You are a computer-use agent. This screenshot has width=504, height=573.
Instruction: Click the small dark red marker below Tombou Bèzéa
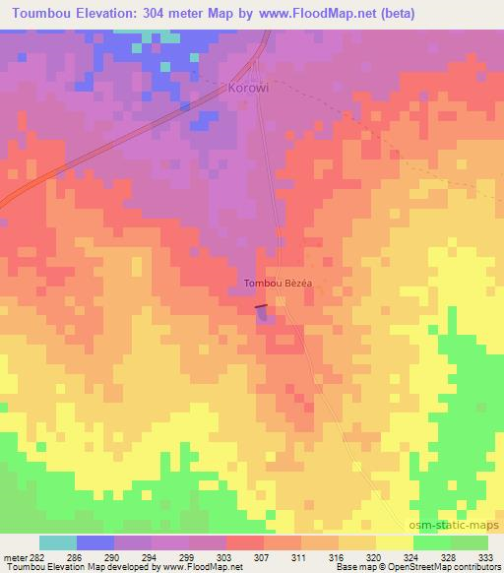(262, 308)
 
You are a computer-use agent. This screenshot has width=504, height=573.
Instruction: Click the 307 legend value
(261, 556)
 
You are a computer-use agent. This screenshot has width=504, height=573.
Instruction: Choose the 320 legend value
(374, 556)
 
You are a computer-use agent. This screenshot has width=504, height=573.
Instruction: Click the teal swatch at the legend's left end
(58, 542)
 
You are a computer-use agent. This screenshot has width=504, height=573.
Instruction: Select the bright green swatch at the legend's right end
(469, 542)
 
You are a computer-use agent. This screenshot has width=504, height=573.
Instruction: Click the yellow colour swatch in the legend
(394, 542)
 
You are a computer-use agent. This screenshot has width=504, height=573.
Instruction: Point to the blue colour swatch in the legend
(95, 542)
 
